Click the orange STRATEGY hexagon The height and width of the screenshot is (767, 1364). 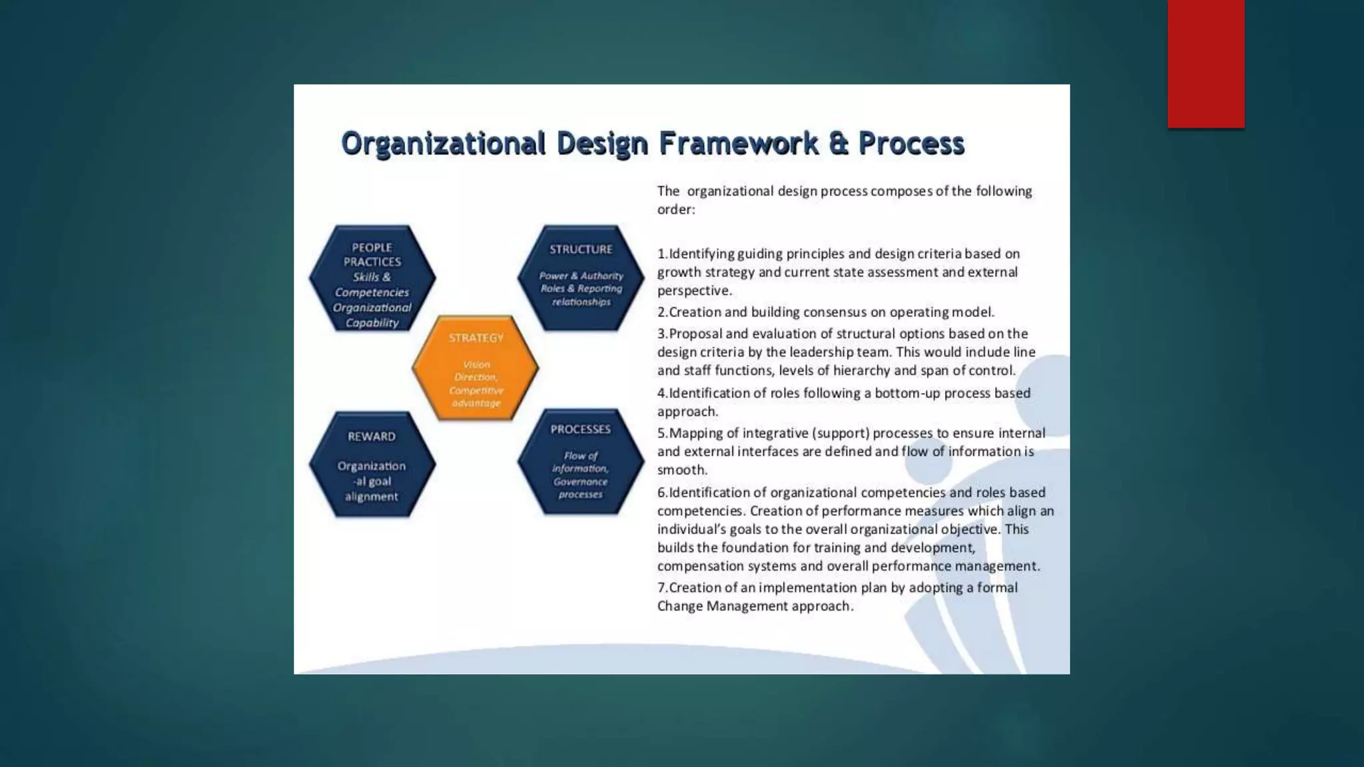tap(476, 368)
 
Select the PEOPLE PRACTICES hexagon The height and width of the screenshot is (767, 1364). tap(372, 278)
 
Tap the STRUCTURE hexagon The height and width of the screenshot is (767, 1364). tap(581, 278)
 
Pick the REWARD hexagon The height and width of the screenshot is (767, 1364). tap(372, 464)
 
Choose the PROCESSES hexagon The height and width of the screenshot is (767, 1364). tap(581, 461)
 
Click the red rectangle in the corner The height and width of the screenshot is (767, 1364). tap(1205, 63)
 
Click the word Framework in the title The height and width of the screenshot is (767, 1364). tap(739, 144)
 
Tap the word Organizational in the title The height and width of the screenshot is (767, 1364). tap(444, 144)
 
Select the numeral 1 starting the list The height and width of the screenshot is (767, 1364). tap(661, 254)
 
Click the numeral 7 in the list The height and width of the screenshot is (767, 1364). tap(661, 588)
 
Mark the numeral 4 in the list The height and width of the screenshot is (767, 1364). tap(661, 393)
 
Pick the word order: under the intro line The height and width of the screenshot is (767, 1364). tap(676, 210)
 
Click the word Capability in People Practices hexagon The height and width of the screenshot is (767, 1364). tap(372, 323)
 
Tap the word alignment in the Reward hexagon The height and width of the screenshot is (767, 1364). tap(372, 497)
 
